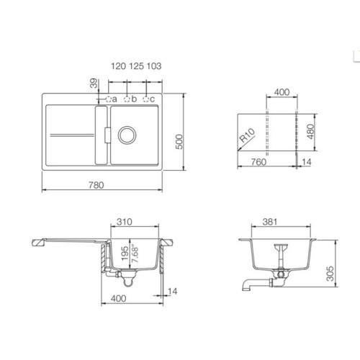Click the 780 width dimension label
point(96,185)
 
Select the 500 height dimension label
point(179,142)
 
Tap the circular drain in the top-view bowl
point(127,135)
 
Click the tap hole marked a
point(109,99)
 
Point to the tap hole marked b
point(127,99)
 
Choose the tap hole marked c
point(145,99)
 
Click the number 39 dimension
point(94,84)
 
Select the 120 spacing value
point(118,66)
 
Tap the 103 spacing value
point(154,66)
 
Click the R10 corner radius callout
point(247,135)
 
